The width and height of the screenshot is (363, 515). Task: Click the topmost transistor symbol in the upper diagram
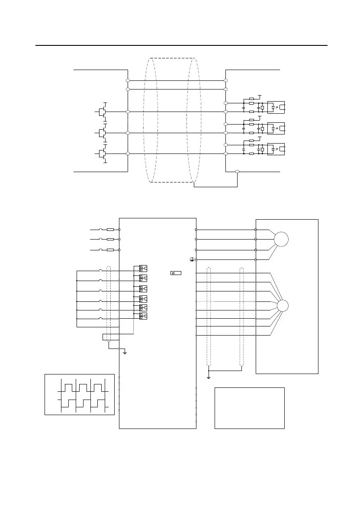[102, 112]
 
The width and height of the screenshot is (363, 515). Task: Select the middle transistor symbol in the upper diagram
[102, 133]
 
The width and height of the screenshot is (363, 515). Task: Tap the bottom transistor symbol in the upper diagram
[102, 154]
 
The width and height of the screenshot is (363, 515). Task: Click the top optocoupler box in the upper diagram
[276, 106]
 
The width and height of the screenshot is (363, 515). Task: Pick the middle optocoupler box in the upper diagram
[276, 128]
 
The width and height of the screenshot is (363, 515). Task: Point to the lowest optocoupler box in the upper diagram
[276, 148]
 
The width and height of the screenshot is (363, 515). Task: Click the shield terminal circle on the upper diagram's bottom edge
[238, 172]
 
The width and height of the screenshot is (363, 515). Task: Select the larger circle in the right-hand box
[281, 239]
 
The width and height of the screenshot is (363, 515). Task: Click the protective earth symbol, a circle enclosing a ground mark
[191, 259]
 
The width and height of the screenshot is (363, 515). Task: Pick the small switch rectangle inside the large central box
[176, 273]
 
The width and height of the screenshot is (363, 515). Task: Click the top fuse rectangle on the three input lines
[110, 230]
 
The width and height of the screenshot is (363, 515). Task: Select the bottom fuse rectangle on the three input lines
[110, 250]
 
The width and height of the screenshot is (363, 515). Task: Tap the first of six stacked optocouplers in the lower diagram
[143, 268]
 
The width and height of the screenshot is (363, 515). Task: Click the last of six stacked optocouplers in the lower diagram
[143, 317]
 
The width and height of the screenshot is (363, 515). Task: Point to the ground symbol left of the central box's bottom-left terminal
[125, 352]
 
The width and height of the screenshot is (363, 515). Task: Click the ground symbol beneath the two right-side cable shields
[209, 377]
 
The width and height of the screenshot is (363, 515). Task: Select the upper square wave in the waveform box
[83, 387]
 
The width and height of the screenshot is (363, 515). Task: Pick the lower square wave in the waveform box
[83, 403]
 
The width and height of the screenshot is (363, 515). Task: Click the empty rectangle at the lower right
[250, 408]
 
